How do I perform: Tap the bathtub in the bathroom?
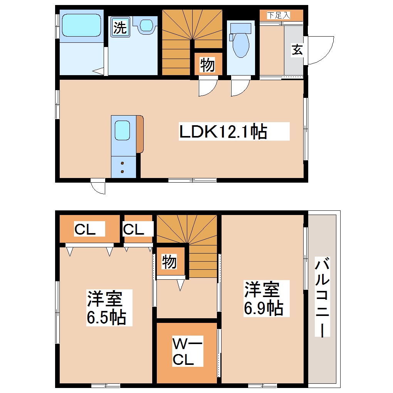(81, 25)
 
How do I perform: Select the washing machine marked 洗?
(120, 28)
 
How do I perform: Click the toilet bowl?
(241, 42)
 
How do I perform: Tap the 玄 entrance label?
(296, 50)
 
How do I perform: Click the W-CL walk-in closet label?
(187, 351)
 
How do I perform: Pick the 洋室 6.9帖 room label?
(264, 299)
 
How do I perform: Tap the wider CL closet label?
(85, 229)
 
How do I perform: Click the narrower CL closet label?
(133, 229)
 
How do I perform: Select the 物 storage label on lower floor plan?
(169, 262)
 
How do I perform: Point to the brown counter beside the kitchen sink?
(139, 133)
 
